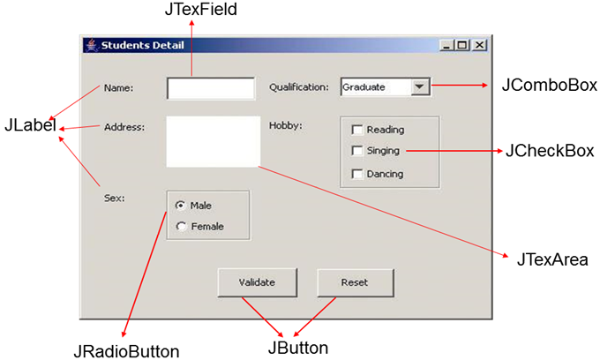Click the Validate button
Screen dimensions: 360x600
pos(257,282)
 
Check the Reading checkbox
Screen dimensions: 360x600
pos(357,129)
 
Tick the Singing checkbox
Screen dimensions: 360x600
pos(357,151)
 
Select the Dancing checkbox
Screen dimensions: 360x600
pos(357,174)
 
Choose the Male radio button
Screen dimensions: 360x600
pos(181,205)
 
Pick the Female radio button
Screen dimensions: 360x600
pos(181,226)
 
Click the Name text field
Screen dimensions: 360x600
pos(211,88)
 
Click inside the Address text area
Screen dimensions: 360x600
pos(213,141)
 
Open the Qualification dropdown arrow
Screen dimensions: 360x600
pos(420,86)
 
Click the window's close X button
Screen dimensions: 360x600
pos(479,45)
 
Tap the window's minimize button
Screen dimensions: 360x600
pos(447,45)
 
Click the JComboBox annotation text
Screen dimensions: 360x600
pos(550,86)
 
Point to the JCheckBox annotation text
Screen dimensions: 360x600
pos(550,151)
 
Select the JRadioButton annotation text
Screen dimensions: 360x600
pos(127,350)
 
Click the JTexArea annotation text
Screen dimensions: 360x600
pos(546,260)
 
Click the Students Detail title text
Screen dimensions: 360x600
pos(136,45)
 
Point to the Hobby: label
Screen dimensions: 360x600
pos(285,124)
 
